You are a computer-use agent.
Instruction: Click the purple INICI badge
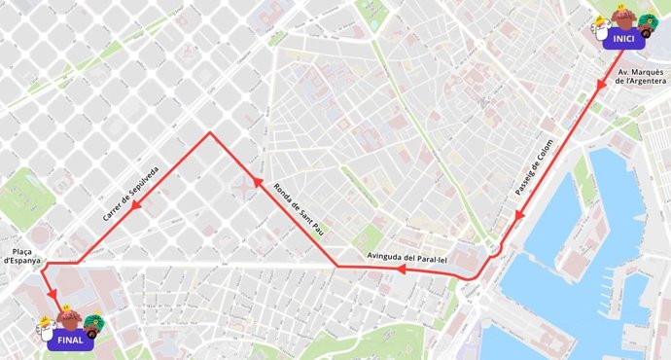tap(624, 39)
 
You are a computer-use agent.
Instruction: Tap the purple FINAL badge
tap(70, 341)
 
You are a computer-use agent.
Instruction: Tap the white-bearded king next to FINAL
tap(47, 328)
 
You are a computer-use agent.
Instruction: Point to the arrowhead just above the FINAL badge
tap(53, 295)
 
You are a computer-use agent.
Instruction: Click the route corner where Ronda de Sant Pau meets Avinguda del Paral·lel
tap(337, 266)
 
